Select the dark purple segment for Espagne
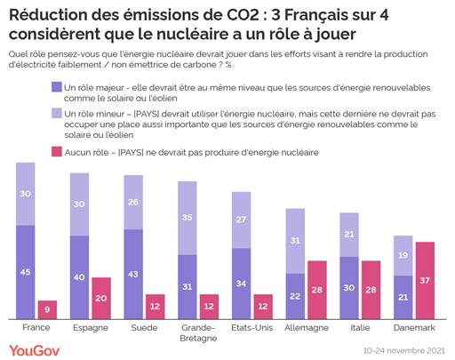[x=80, y=277]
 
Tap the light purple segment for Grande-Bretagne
[x=188, y=218]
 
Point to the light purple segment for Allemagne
[x=296, y=240]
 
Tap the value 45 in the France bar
[x=26, y=272]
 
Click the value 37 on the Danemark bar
[x=425, y=281]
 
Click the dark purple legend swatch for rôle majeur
[x=56, y=87]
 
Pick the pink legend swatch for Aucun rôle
[x=56, y=152]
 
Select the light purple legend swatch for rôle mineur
[x=56, y=114]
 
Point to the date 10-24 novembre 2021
[x=404, y=351]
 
